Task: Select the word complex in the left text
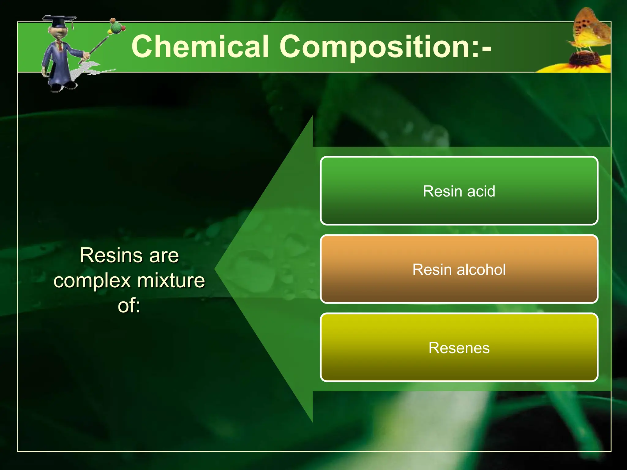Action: (x=92, y=281)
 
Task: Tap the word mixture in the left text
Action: (x=171, y=281)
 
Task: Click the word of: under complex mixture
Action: (x=129, y=306)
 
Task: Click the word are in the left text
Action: (x=164, y=256)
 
